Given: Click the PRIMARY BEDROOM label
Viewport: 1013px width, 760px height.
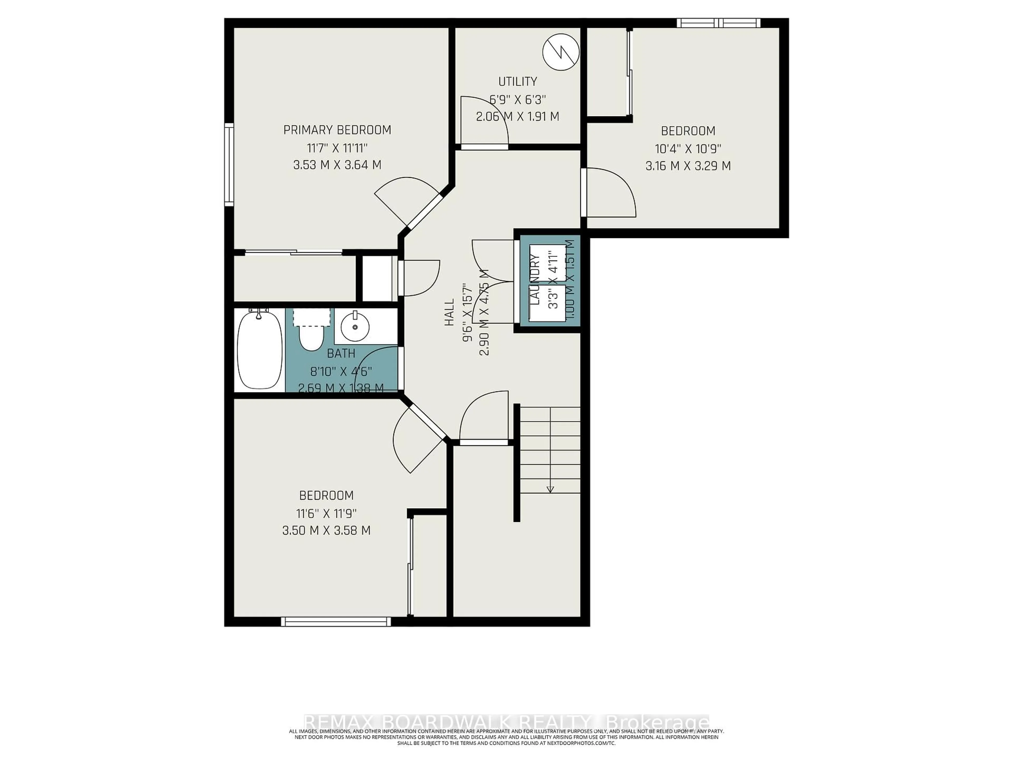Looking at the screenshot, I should point(337,130).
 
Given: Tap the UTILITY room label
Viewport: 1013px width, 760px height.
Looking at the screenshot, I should point(518,82).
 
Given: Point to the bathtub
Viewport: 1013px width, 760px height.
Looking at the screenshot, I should point(259,350).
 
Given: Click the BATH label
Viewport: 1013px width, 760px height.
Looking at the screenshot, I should point(341,354).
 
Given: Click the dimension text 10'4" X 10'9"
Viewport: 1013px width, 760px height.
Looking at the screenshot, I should point(688,149).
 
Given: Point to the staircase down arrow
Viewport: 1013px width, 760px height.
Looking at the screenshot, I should point(550,489).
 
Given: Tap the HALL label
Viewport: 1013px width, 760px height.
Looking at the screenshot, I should point(450,312).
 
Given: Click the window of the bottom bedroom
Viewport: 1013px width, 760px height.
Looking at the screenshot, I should point(336,622).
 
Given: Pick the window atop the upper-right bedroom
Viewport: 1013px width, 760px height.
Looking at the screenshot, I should point(718,23).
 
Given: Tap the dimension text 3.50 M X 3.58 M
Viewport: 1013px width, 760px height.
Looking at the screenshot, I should point(326,530).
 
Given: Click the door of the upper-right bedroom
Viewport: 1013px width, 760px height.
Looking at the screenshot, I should point(609,192).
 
